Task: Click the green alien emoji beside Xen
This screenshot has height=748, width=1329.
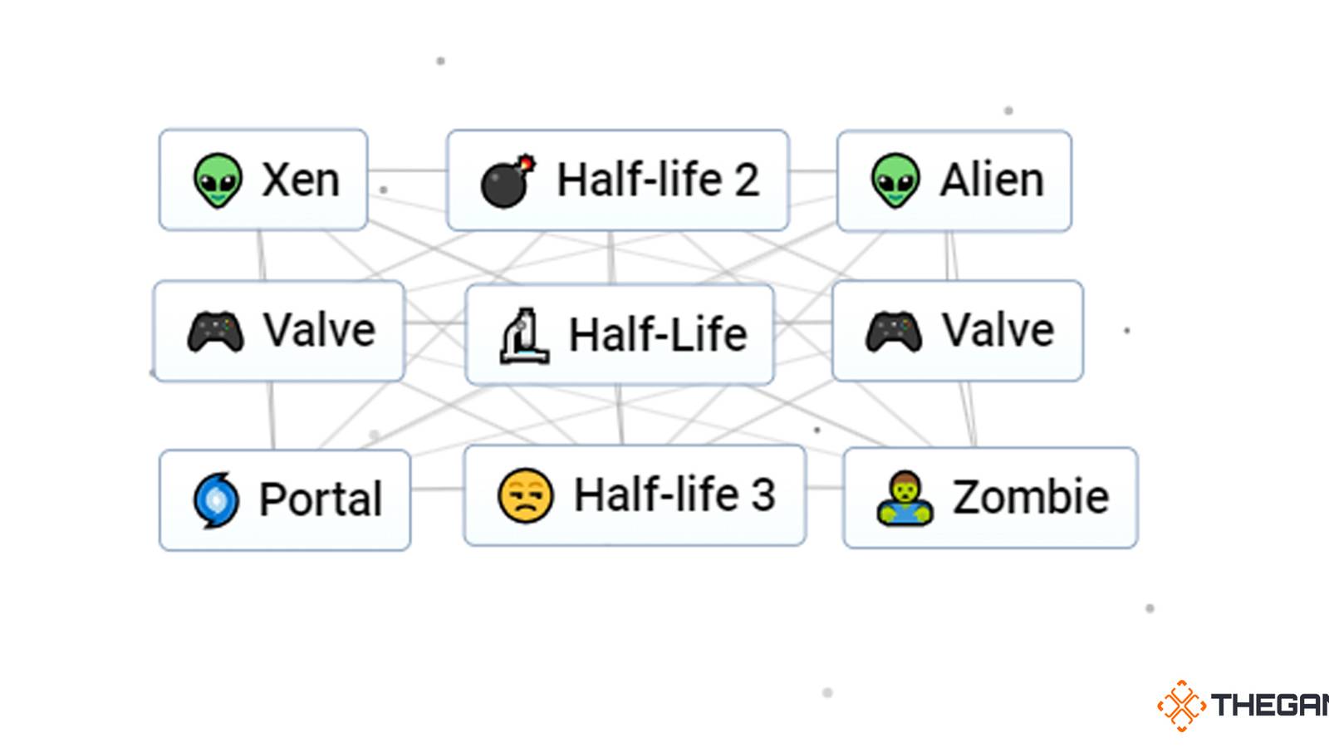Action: point(218,180)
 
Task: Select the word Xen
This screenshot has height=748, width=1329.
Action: point(301,180)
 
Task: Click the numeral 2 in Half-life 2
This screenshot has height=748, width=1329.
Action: point(747,180)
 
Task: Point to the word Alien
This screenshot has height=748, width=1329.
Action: point(992,180)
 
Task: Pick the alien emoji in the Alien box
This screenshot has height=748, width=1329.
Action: point(895,180)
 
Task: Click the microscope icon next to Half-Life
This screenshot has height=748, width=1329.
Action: point(523,336)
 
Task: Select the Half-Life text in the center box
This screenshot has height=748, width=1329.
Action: point(658,334)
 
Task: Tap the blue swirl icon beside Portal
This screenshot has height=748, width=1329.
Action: point(216,500)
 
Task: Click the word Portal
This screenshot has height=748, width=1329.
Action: point(321,499)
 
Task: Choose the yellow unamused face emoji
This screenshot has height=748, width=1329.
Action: point(525,496)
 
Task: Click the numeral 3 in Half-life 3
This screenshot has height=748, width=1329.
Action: point(763,495)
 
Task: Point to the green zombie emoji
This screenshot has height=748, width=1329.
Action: point(905,499)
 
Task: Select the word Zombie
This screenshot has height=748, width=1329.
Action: point(1030,497)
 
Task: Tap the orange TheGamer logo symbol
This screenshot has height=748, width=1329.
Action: point(1181,706)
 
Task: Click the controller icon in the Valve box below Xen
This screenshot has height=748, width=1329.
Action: point(216,332)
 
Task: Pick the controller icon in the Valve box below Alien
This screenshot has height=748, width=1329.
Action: point(894,332)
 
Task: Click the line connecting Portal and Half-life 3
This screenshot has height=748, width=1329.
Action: point(437,488)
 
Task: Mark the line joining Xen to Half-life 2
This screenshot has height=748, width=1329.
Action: point(407,170)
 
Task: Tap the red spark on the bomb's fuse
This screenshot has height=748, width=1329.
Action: point(527,161)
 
